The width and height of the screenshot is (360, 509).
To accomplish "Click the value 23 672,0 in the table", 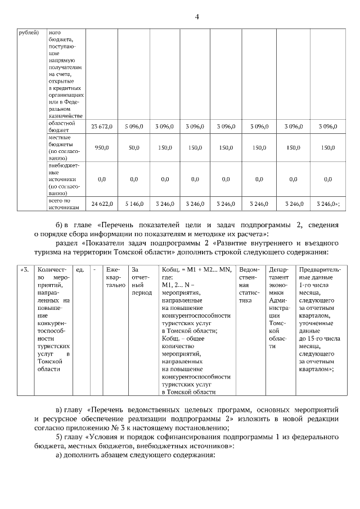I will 102,127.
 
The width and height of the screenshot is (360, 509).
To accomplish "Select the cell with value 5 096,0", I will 134,127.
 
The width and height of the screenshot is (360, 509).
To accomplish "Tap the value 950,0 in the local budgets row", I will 102,148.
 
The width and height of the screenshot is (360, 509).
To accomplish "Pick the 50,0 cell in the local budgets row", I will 134,148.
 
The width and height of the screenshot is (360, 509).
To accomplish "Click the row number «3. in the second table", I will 24,269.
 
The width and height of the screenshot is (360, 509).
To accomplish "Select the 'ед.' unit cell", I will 80,269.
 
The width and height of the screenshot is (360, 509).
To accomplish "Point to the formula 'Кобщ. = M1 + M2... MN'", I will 196,269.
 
